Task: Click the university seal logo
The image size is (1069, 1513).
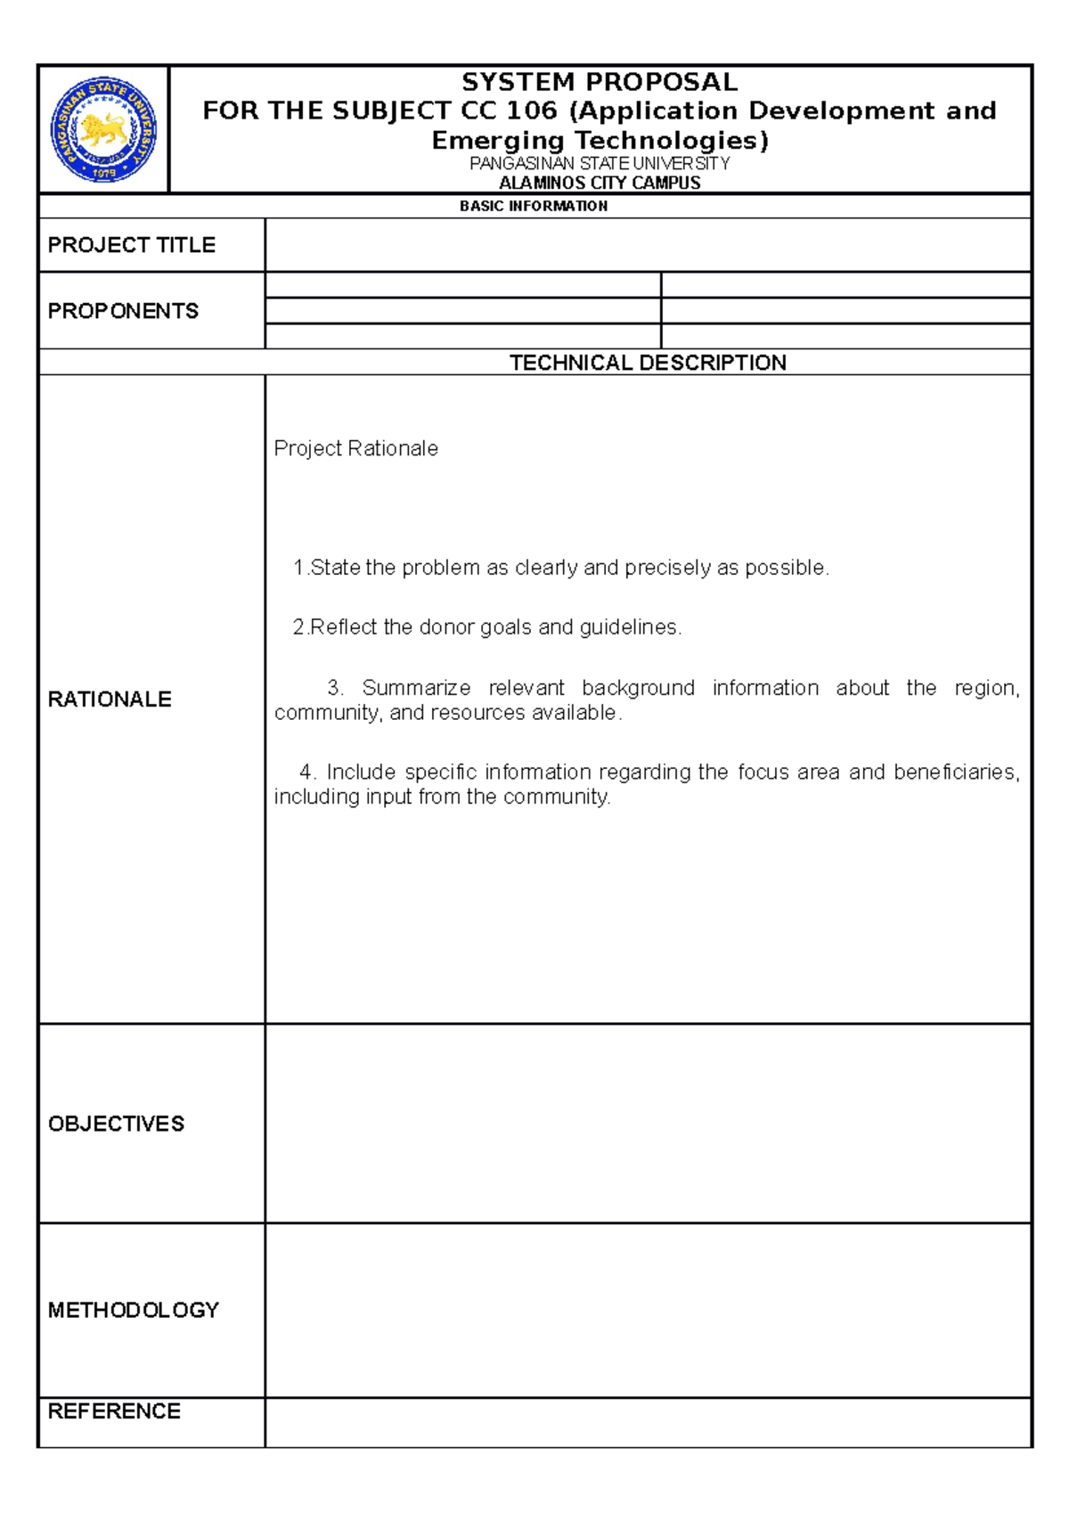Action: (103, 129)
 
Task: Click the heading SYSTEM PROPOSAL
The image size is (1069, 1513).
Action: (600, 82)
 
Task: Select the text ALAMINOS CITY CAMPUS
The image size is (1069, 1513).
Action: (600, 183)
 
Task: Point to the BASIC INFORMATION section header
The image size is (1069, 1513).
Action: (534, 206)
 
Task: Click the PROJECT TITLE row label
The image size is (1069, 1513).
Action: (132, 245)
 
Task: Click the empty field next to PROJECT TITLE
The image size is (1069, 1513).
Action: (648, 245)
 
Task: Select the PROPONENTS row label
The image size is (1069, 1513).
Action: (123, 311)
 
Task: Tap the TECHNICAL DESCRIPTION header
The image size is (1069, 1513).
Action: (648, 363)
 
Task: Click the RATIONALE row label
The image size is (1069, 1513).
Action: (110, 699)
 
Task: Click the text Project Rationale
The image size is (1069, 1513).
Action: (355, 448)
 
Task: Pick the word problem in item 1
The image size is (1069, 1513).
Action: (440, 568)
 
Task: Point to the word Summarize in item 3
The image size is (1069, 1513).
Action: (416, 688)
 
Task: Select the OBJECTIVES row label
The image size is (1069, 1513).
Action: (117, 1124)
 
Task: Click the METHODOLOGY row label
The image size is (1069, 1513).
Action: (134, 1310)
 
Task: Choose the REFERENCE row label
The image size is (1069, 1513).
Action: (114, 1411)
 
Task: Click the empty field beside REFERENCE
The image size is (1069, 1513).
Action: (648, 1422)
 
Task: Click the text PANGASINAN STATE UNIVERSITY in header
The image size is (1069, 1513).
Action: (600, 164)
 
